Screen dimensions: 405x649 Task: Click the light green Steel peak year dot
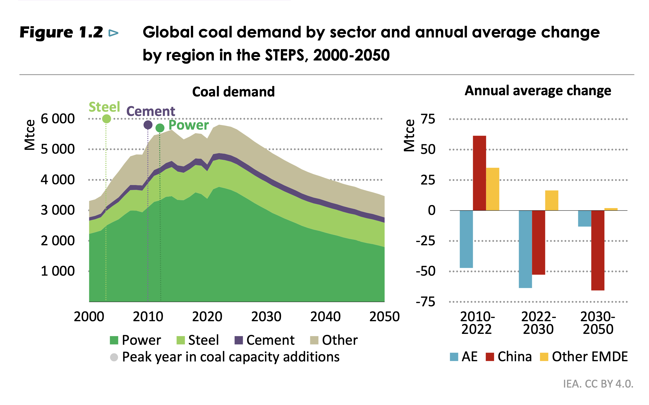106,119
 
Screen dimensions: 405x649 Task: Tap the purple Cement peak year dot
148,125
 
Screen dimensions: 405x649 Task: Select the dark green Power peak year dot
160,128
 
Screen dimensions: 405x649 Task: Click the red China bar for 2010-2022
479,173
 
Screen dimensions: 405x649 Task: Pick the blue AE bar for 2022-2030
525,249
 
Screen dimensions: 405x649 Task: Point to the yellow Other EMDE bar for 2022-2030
551,200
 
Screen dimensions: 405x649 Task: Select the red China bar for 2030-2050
598,250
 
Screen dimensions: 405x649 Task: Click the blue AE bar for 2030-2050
584,218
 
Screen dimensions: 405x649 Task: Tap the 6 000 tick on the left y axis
58,119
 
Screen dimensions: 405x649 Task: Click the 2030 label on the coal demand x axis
266,317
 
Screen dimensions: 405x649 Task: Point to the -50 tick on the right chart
425,271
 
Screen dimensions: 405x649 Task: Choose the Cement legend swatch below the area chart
238,340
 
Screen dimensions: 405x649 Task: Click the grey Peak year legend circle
114,357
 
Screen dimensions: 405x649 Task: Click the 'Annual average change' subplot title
538,91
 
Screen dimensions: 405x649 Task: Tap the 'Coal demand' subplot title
233,92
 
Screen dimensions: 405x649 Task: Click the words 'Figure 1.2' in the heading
61,32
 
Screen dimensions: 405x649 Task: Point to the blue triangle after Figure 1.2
113,33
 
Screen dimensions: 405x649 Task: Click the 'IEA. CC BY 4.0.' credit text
598,384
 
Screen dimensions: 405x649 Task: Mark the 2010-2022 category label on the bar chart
477,323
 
